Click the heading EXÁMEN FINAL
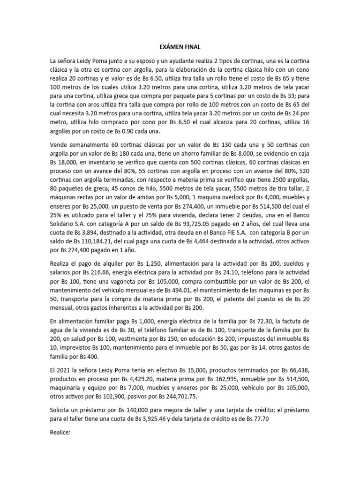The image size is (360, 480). click(180, 47)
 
